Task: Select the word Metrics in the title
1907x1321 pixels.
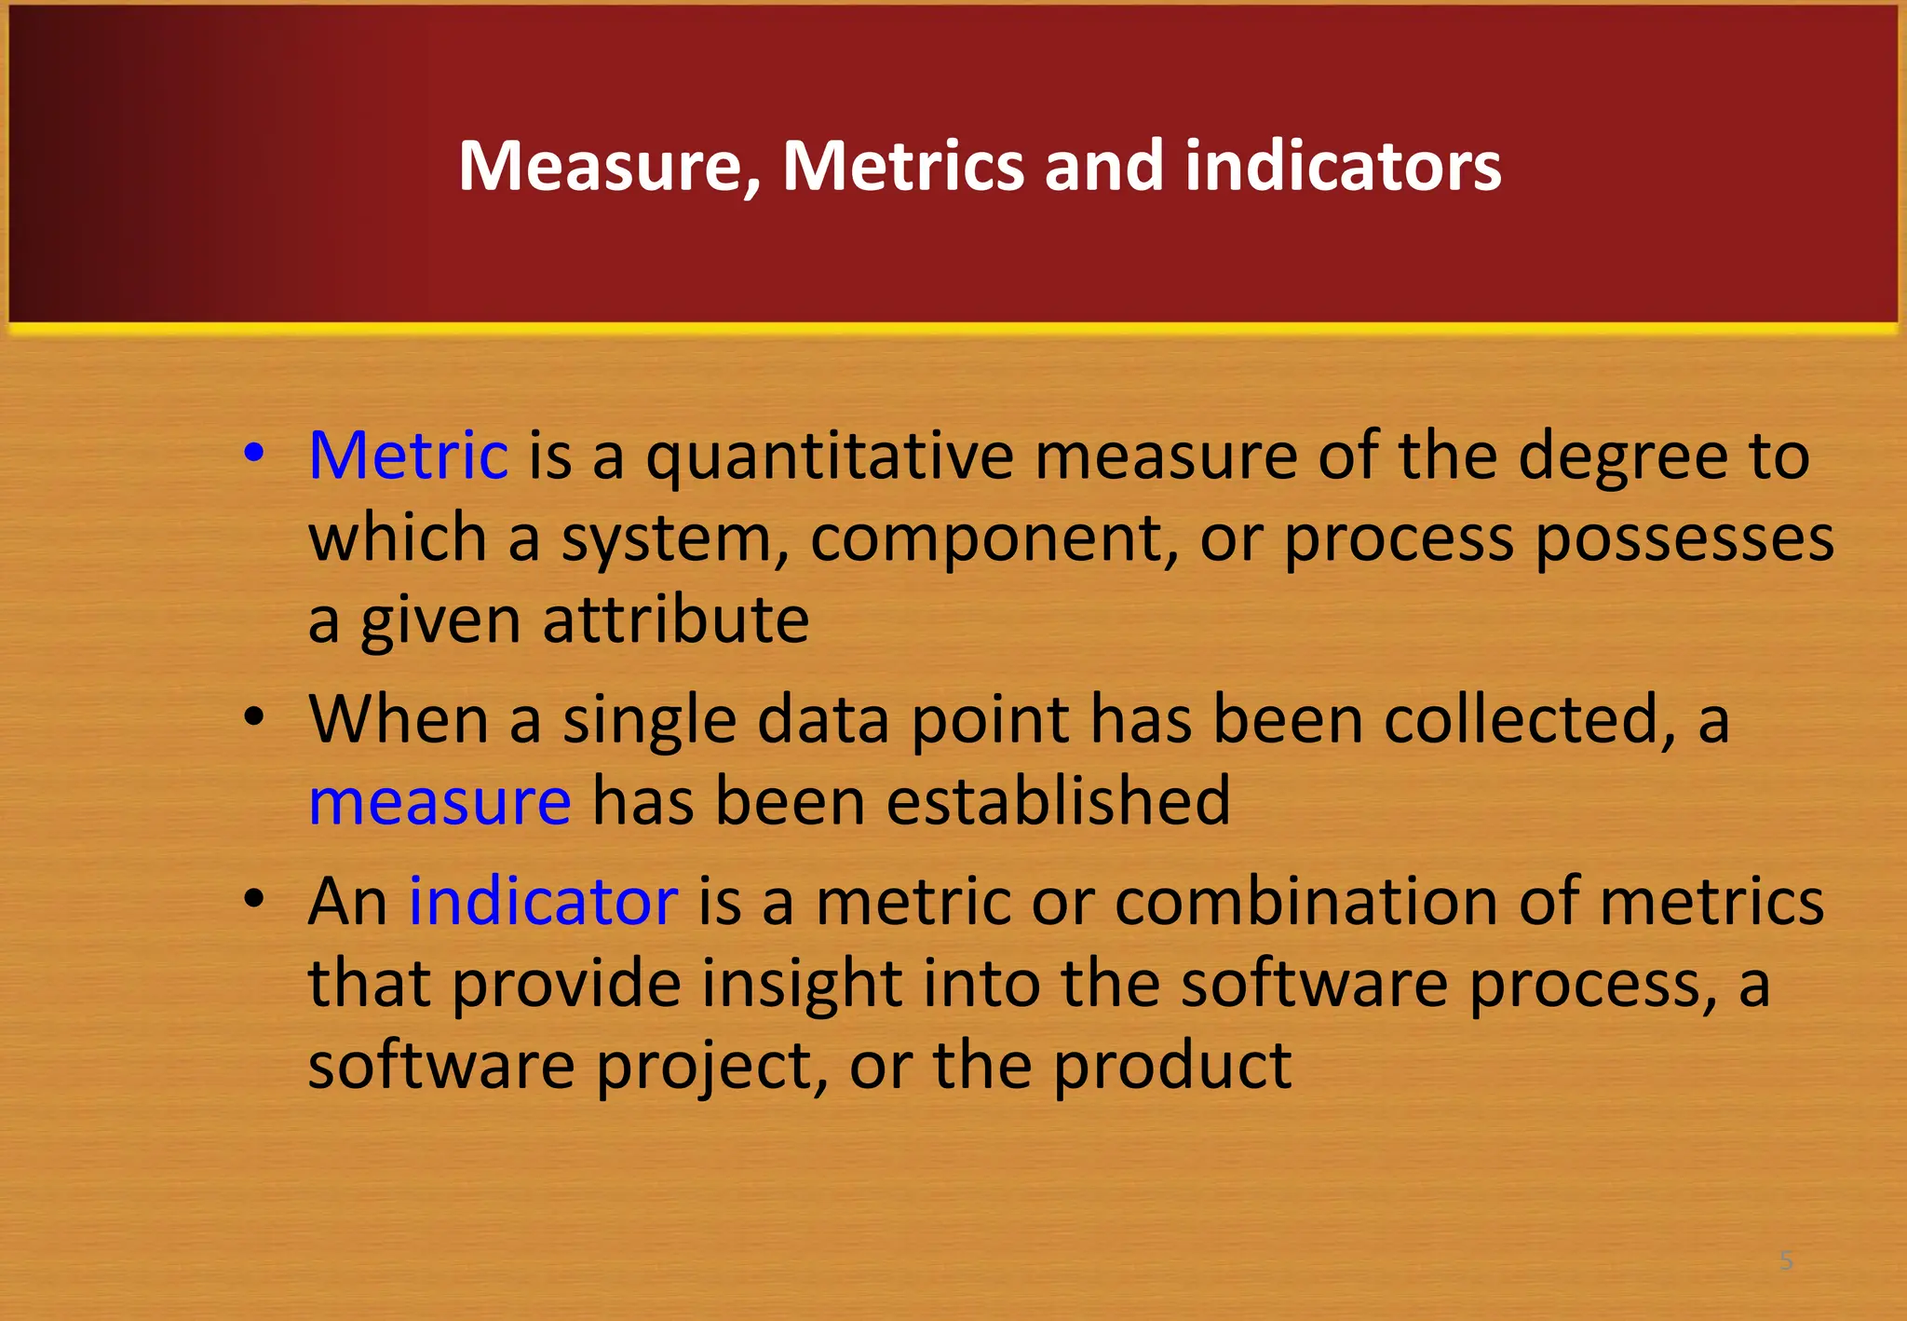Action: coord(902,166)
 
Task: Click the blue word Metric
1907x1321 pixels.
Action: coord(408,456)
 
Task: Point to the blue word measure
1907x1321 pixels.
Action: coord(440,801)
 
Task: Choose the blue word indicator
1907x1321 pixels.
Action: coord(543,901)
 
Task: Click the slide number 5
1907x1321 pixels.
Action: coord(1786,1260)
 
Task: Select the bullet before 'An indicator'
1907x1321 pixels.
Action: coord(253,899)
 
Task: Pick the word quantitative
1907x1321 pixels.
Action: coord(830,457)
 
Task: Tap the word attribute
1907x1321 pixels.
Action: coord(676,620)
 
